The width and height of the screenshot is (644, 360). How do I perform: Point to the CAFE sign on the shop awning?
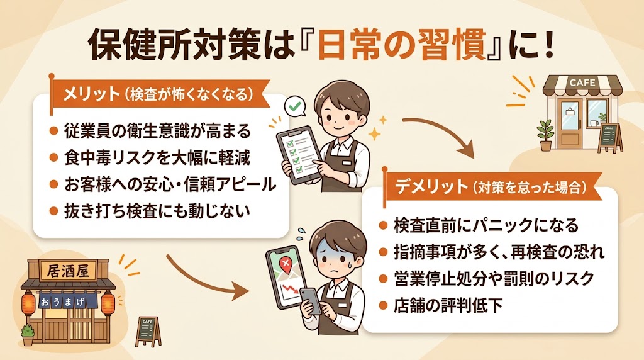click(582, 82)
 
